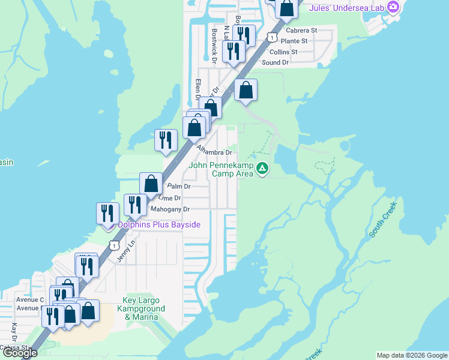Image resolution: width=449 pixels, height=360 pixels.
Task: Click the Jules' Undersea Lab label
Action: coord(347,8)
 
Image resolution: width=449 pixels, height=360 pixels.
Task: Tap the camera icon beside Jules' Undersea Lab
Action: coord(394,7)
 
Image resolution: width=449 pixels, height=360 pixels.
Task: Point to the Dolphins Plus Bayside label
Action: coord(158,224)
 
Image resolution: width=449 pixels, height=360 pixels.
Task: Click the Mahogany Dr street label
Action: coord(170,209)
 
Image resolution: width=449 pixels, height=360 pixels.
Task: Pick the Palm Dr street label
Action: coord(178,187)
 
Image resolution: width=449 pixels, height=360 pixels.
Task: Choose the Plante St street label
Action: coord(294,41)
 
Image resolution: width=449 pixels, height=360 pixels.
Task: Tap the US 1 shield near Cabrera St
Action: coord(273,38)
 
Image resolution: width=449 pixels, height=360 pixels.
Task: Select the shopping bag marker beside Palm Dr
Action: coord(151,184)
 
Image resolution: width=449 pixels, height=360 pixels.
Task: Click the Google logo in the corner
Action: coord(20,353)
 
